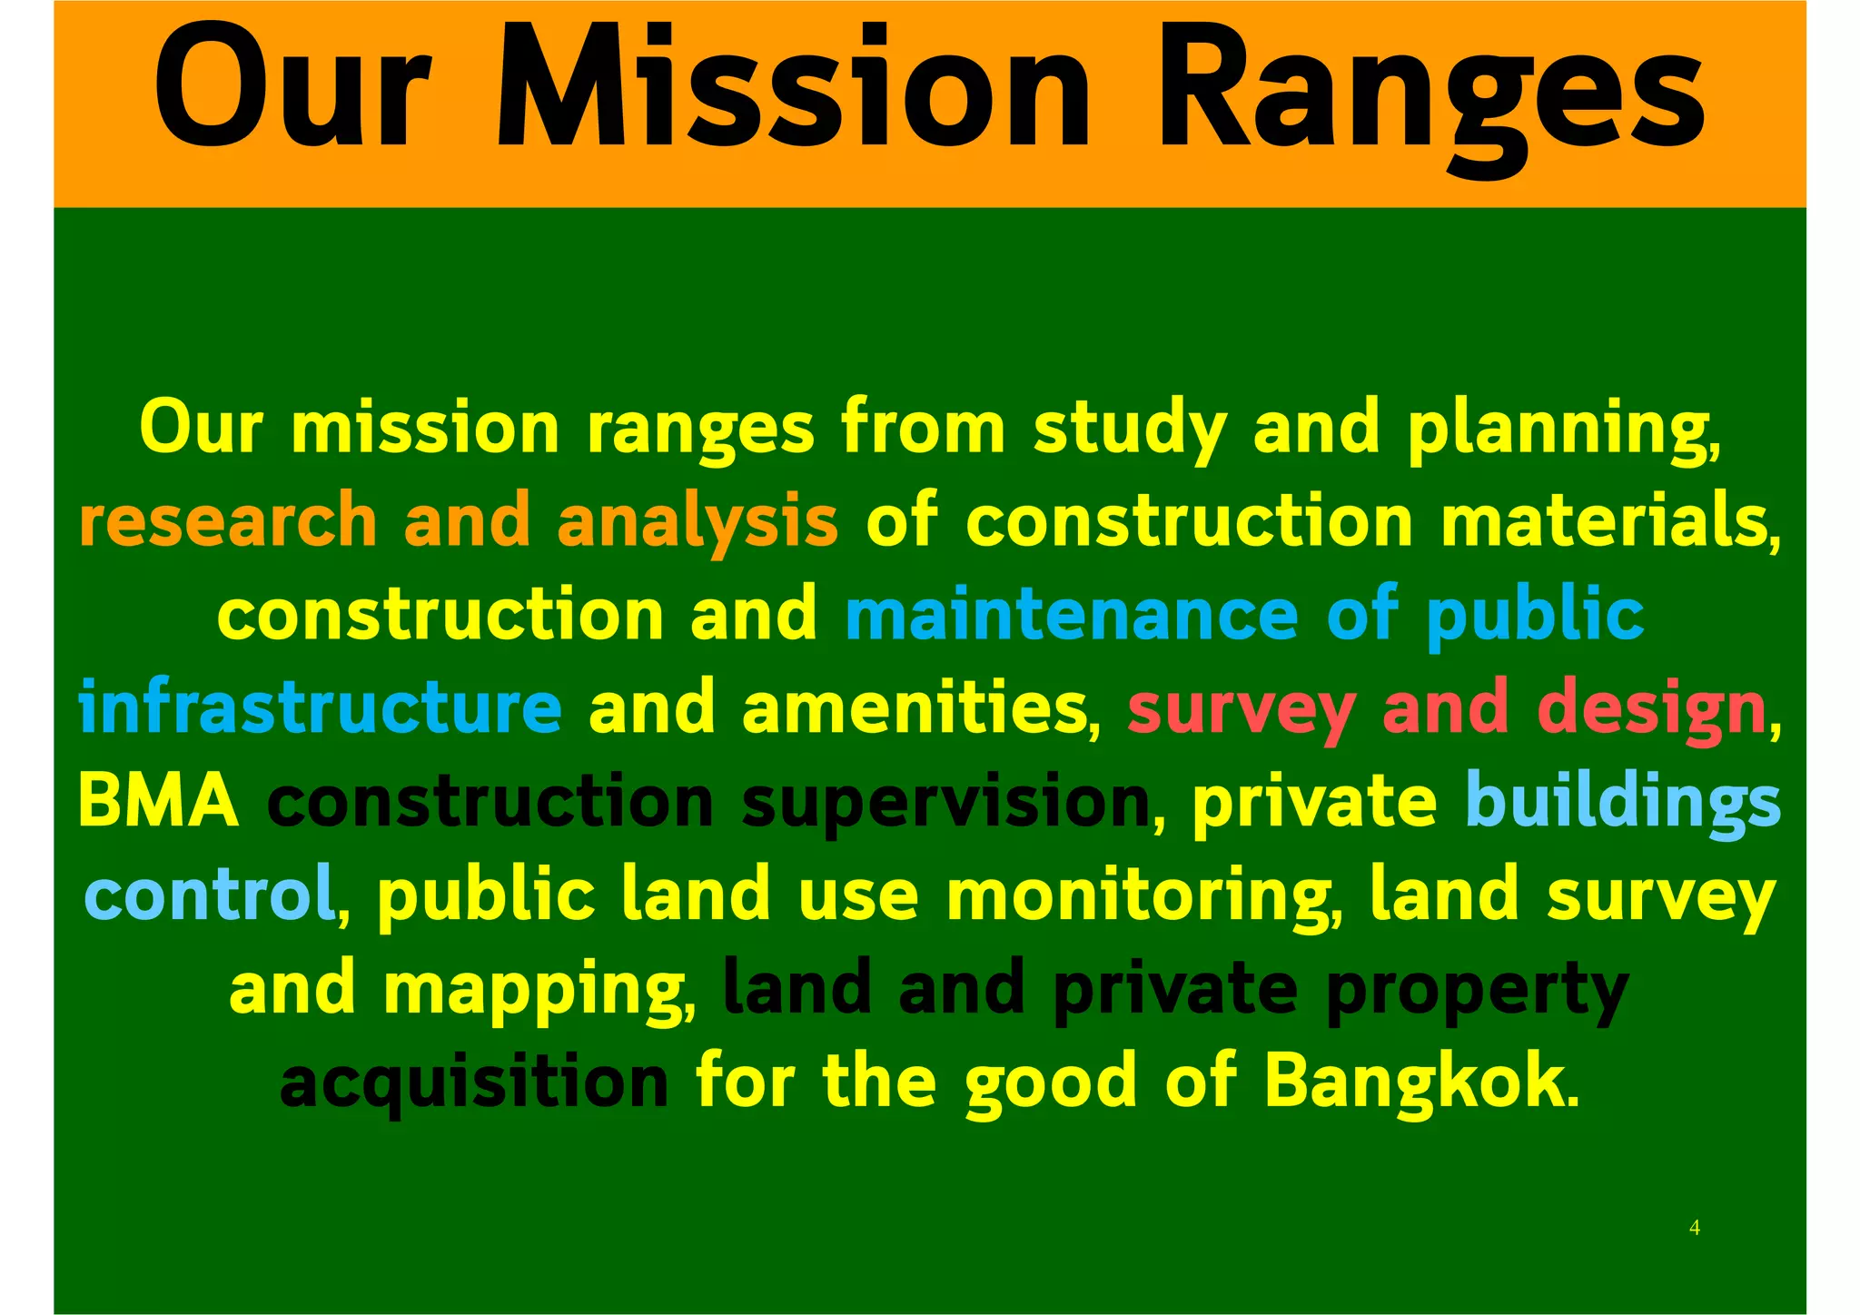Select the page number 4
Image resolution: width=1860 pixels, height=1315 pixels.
click(1695, 1229)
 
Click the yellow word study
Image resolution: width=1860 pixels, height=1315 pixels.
click(1130, 429)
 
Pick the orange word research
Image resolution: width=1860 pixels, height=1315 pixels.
click(228, 521)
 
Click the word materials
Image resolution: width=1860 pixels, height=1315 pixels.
click(1608, 521)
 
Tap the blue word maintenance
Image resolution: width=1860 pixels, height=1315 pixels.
click(1072, 615)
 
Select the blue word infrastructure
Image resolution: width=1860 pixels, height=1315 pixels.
click(321, 708)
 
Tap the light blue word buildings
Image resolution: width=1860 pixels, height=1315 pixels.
click(1622, 802)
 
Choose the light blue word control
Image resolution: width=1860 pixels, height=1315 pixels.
click(210, 895)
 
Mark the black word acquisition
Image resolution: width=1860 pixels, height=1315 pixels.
click(474, 1083)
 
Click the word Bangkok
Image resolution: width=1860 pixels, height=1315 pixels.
click(1420, 1082)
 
